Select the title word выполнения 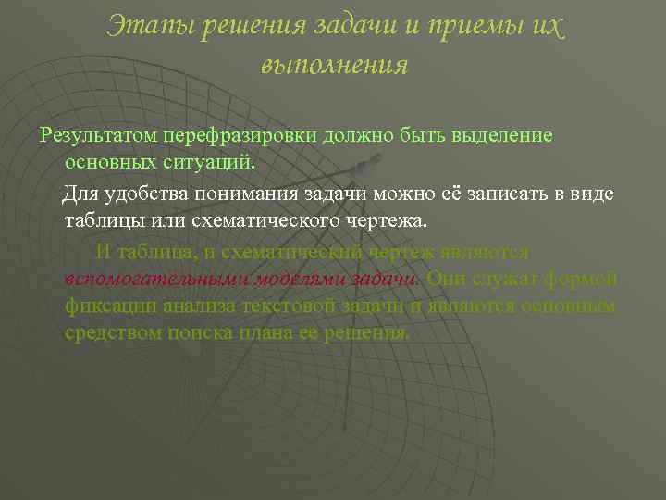pos(334,66)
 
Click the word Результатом pos(98,135)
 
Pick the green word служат pos(512,279)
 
